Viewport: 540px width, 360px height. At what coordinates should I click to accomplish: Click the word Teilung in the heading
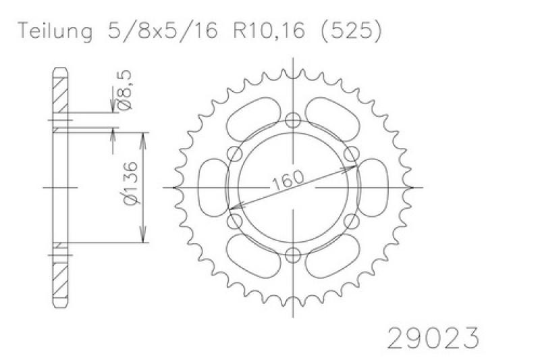(x=55, y=31)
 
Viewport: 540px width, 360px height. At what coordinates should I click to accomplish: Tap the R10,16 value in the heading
(x=269, y=30)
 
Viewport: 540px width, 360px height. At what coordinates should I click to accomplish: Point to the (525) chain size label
(x=351, y=30)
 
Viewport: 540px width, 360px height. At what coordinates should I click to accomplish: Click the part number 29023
(x=433, y=338)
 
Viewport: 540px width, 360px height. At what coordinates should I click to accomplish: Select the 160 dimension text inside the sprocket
(x=288, y=180)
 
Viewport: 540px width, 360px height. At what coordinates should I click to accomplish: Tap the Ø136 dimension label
(x=131, y=183)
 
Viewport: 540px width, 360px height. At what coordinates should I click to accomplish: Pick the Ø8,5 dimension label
(x=124, y=90)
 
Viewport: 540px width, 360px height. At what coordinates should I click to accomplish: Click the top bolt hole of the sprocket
(x=293, y=120)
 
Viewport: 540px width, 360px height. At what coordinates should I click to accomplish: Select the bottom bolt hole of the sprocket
(x=293, y=255)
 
